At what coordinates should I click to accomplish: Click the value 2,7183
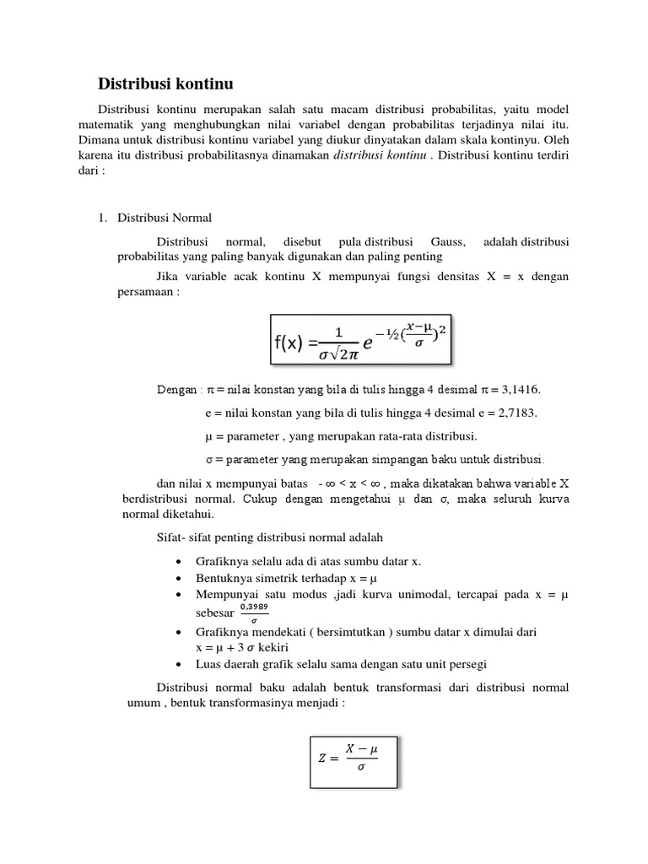point(517,413)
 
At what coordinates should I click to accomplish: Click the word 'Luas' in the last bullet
point(208,663)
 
